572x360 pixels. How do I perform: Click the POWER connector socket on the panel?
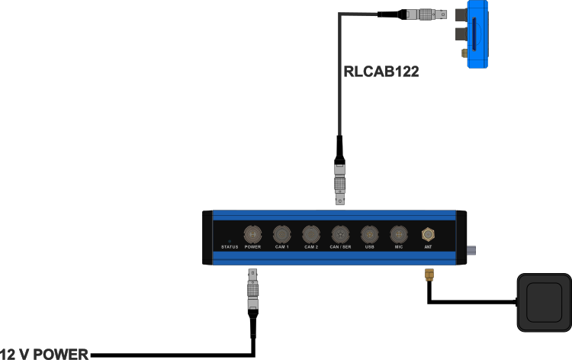click(252, 233)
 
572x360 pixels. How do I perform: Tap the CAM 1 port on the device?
click(281, 233)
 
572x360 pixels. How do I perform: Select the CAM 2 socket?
click(311, 233)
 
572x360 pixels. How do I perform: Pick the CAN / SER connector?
click(340, 233)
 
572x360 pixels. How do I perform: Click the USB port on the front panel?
click(369, 233)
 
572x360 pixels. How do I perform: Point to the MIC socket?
click(398, 233)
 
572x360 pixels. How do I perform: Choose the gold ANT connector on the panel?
click(428, 233)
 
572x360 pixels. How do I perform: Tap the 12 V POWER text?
click(44, 354)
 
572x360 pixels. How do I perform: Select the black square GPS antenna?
click(544, 302)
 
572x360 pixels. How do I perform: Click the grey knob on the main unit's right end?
click(472, 251)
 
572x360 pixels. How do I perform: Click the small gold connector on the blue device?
click(463, 53)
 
